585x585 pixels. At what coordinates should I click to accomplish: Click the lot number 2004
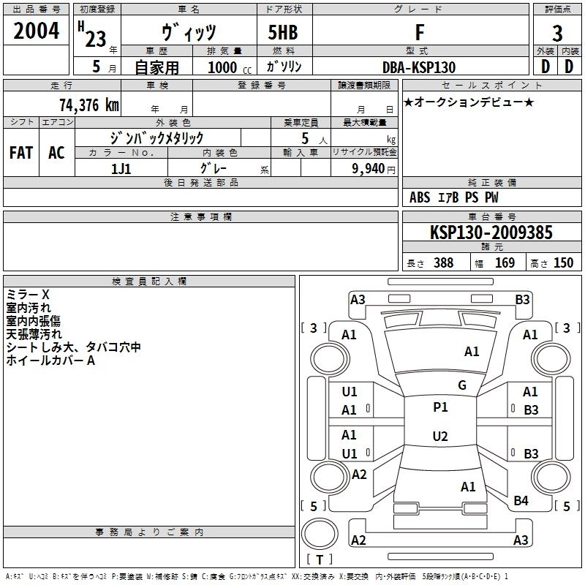(37, 31)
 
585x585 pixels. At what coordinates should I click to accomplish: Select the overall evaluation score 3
(557, 33)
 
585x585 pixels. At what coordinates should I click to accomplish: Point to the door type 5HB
(283, 32)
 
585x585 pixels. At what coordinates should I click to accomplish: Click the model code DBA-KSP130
(418, 67)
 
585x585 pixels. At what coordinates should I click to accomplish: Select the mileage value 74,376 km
(88, 105)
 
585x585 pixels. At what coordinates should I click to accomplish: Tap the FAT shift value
(21, 153)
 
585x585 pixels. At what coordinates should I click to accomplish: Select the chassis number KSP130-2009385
(491, 233)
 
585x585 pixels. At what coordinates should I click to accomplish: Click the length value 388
(443, 263)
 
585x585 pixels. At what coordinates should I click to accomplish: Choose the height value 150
(563, 263)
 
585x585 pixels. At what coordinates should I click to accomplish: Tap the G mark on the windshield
(461, 385)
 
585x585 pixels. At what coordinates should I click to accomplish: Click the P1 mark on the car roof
(440, 407)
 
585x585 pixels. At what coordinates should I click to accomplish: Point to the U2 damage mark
(440, 437)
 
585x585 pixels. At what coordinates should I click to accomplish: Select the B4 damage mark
(521, 501)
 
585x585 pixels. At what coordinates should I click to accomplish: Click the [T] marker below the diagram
(319, 560)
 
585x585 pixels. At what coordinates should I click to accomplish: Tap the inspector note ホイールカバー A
(50, 361)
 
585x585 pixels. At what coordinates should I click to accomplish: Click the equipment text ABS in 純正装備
(420, 197)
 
